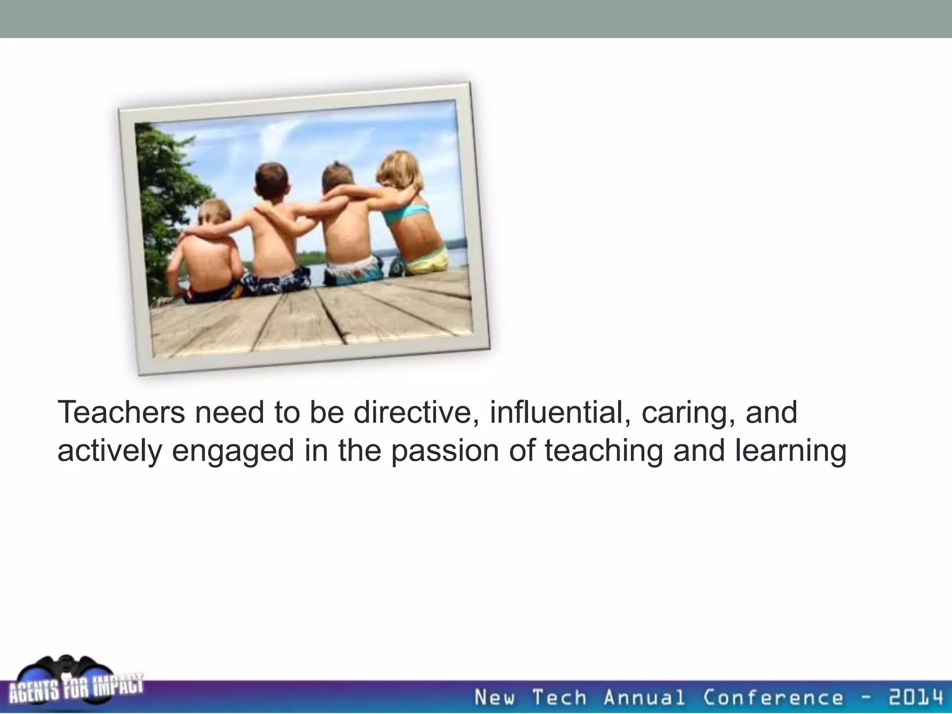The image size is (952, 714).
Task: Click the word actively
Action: (x=109, y=451)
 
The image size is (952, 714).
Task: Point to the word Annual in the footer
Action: (x=644, y=697)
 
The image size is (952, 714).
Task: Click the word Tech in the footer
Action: (x=559, y=697)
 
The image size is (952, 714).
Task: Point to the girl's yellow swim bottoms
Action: (x=425, y=260)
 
